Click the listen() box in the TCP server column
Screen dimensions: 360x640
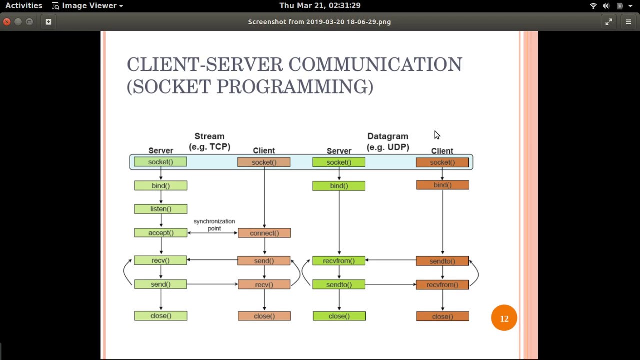click(160, 209)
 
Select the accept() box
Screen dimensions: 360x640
click(160, 233)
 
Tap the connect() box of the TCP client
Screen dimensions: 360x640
click(264, 233)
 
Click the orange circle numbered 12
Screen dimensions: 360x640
click(504, 318)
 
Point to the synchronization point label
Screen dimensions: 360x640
click(214, 225)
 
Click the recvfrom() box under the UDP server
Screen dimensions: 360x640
click(339, 261)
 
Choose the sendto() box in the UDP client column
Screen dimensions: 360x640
click(442, 261)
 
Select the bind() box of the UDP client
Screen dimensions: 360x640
click(442, 185)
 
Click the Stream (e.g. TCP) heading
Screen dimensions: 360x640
click(209, 141)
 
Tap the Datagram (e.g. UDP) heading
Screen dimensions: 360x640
click(388, 141)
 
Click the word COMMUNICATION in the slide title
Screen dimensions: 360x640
click(375, 65)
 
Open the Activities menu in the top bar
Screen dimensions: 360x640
click(24, 6)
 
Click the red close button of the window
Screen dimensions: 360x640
click(7, 22)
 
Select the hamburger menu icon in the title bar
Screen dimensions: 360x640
click(628, 22)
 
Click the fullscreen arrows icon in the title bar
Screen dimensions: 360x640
click(609, 22)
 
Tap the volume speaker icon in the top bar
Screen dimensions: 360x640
click(606, 6)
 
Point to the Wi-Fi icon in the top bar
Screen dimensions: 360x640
click(593, 6)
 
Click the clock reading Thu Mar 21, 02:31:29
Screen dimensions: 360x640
click(320, 6)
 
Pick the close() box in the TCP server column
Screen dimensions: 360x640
click(160, 316)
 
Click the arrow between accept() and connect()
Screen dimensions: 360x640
click(212, 233)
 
